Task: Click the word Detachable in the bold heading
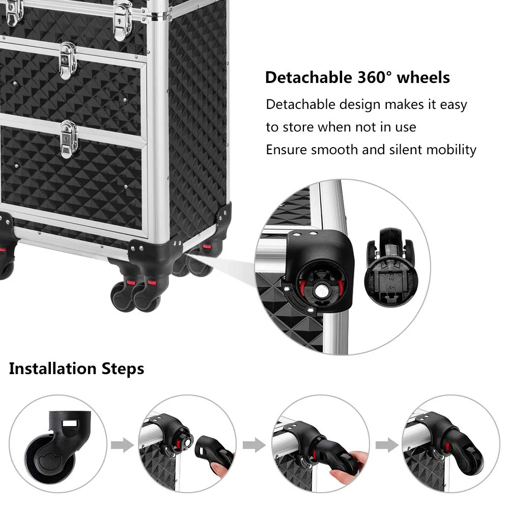[x=306, y=78]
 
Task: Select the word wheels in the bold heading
[x=423, y=78]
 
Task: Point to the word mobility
[x=451, y=150]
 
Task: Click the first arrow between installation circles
[x=122, y=446]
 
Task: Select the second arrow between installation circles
[x=254, y=446]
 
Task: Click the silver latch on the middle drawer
[x=68, y=61]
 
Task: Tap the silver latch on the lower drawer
[x=69, y=139]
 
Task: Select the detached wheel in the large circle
[x=391, y=270]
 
